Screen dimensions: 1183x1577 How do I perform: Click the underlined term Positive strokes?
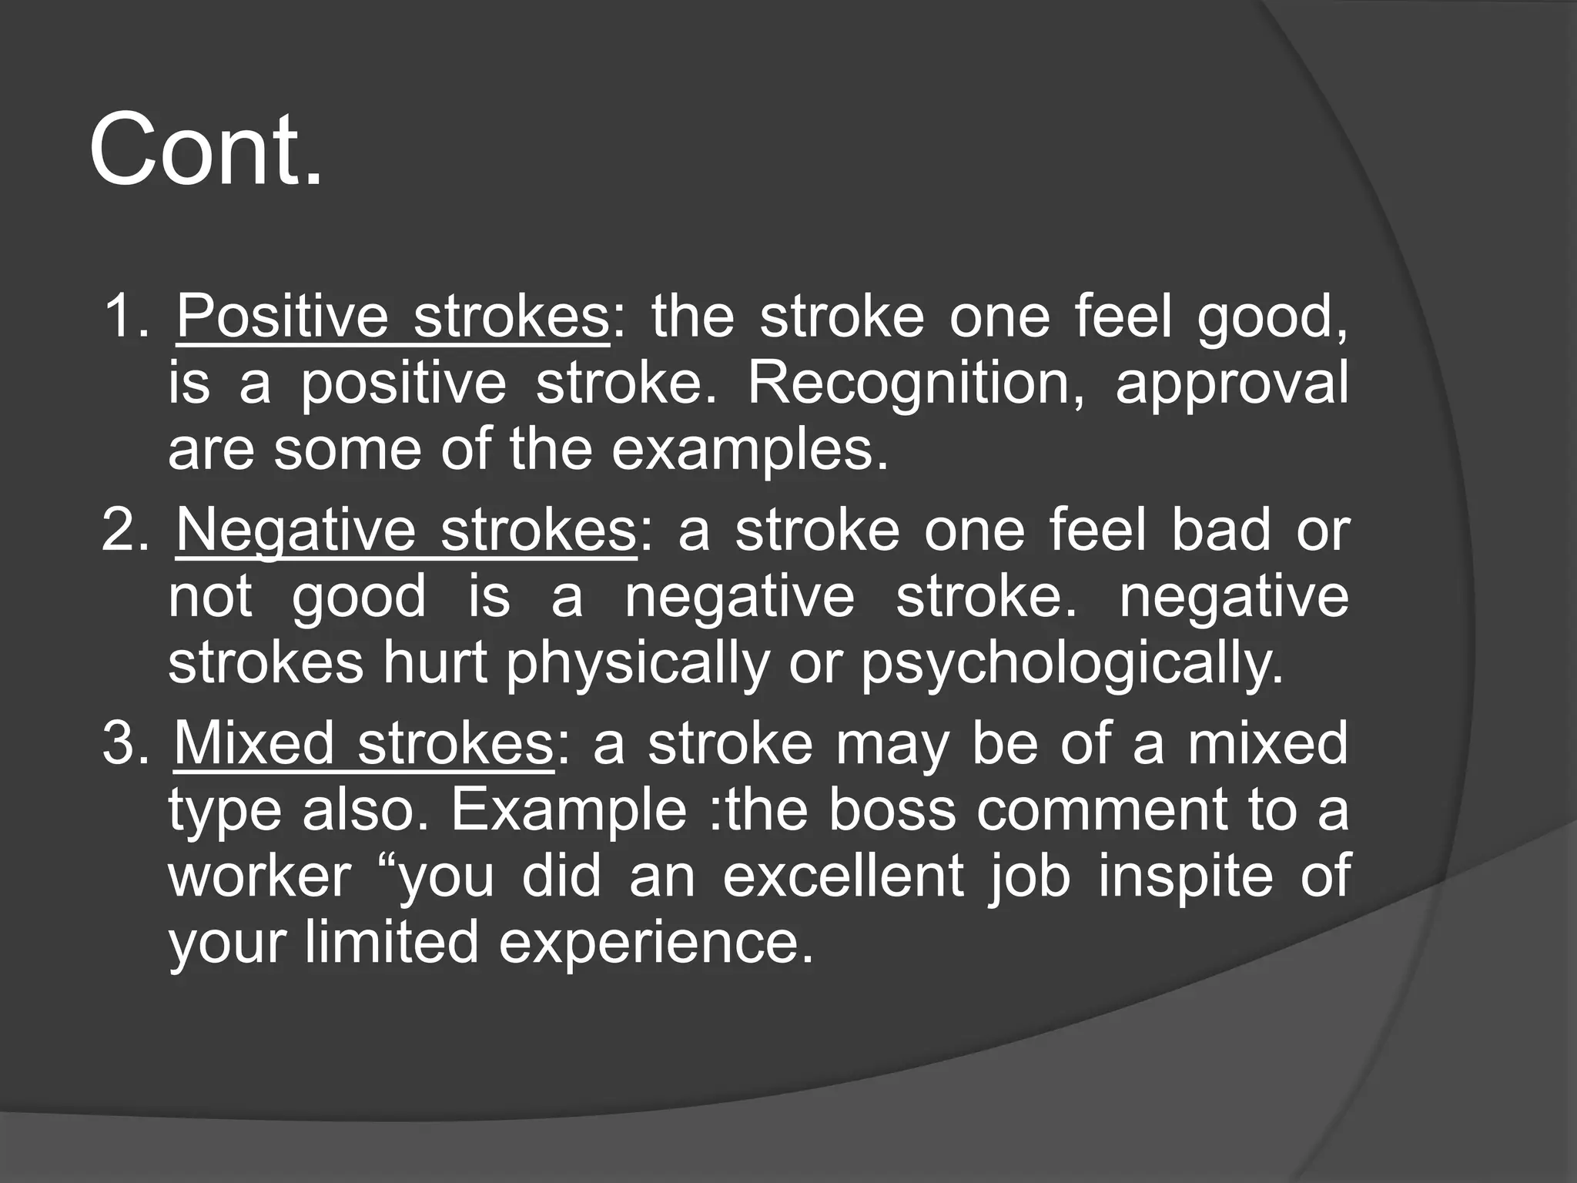(393, 317)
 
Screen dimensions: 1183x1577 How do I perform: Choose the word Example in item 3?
(568, 812)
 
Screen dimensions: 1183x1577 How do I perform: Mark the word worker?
(259, 876)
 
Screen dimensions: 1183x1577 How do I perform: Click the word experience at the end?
(655, 944)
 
